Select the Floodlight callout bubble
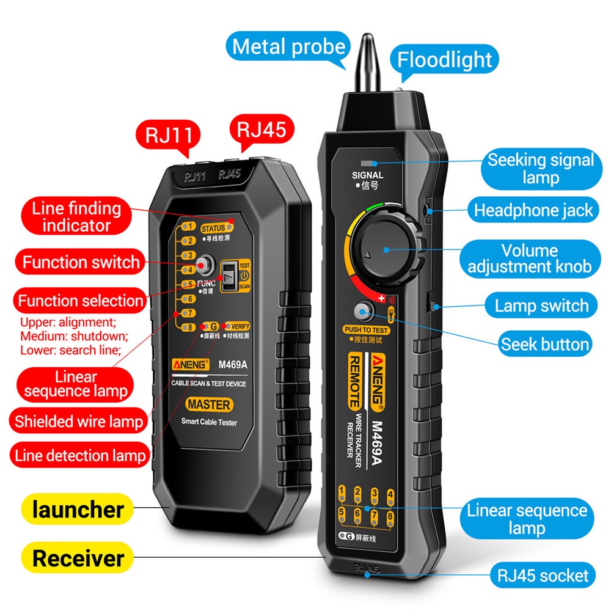[445, 60]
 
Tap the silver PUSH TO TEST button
[365, 313]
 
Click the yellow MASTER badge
[209, 404]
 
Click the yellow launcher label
[78, 509]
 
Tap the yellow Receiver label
[78, 558]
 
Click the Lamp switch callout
[541, 305]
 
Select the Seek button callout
[544, 344]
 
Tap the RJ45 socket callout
[542, 575]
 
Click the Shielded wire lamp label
[79, 421]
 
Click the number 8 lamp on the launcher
[191, 328]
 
